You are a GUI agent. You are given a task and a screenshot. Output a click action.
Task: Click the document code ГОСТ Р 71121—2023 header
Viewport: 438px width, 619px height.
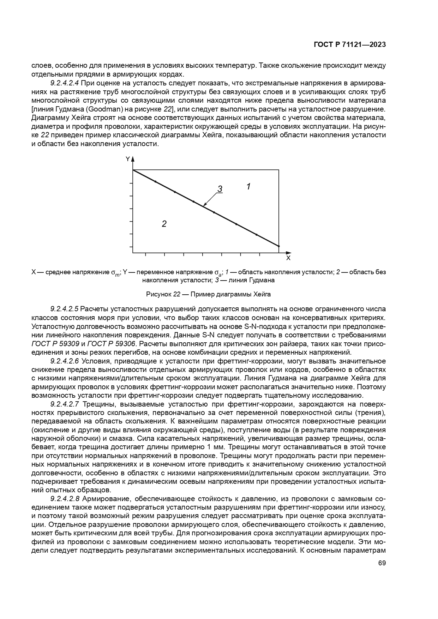point(349,45)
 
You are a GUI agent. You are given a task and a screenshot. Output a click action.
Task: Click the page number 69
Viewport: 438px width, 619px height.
point(382,563)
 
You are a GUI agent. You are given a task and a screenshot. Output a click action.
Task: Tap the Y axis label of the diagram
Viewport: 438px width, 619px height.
point(128,159)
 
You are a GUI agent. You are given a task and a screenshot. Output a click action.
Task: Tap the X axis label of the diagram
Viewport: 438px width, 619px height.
point(288,258)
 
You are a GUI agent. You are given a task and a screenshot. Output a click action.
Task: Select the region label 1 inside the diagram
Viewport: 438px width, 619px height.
point(248,186)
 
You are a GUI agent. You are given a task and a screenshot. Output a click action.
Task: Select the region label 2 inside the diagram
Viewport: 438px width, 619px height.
point(164,224)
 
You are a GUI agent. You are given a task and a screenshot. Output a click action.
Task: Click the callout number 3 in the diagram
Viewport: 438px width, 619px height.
point(220,189)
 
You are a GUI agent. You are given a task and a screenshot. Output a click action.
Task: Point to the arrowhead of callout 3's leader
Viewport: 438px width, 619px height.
point(204,205)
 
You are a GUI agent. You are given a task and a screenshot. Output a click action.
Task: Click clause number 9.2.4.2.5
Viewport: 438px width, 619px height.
point(64,309)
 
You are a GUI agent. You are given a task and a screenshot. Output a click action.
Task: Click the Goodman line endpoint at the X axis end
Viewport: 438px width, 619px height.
point(279,246)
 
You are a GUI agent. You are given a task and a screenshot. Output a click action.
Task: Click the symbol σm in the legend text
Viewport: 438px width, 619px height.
point(115,273)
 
